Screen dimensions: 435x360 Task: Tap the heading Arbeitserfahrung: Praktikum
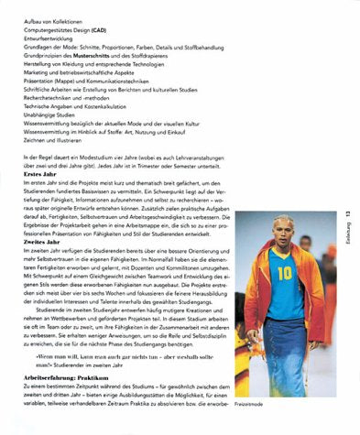71,377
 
